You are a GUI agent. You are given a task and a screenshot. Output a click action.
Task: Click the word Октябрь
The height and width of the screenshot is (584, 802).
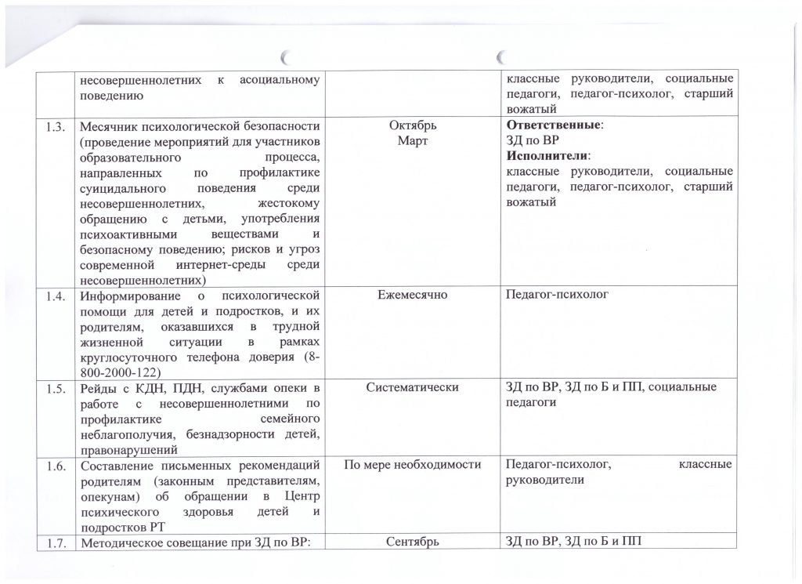click(x=412, y=126)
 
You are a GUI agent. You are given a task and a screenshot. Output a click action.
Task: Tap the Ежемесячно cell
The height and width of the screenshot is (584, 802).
click(x=412, y=296)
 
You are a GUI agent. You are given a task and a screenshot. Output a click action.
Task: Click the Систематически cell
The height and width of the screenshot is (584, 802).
click(x=412, y=387)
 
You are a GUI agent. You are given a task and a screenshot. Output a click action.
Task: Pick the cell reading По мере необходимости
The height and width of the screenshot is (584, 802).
click(x=412, y=466)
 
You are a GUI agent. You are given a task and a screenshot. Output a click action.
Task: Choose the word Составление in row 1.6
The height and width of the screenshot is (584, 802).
click(x=117, y=466)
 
